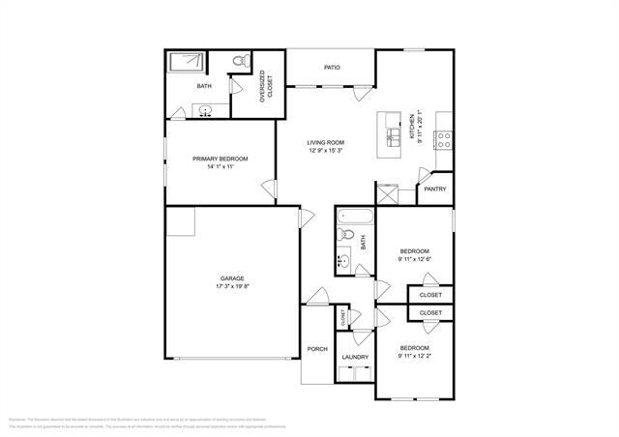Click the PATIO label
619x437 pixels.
pyautogui.click(x=332, y=68)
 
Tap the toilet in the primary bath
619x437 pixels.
pyautogui.click(x=240, y=63)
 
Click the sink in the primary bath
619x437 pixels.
pyautogui.click(x=206, y=109)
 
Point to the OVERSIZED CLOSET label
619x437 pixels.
pyautogui.click(x=263, y=88)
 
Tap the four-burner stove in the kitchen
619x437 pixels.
pyautogui.click(x=444, y=136)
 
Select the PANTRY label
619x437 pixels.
pyautogui.click(x=435, y=189)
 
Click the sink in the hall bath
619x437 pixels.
pyautogui.click(x=343, y=260)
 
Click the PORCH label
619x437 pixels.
pyautogui.click(x=317, y=349)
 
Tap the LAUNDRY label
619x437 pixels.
pyautogui.click(x=354, y=357)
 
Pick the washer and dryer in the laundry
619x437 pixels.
pyautogui.click(x=354, y=372)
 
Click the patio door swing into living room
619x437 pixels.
pyautogui.click(x=360, y=94)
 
